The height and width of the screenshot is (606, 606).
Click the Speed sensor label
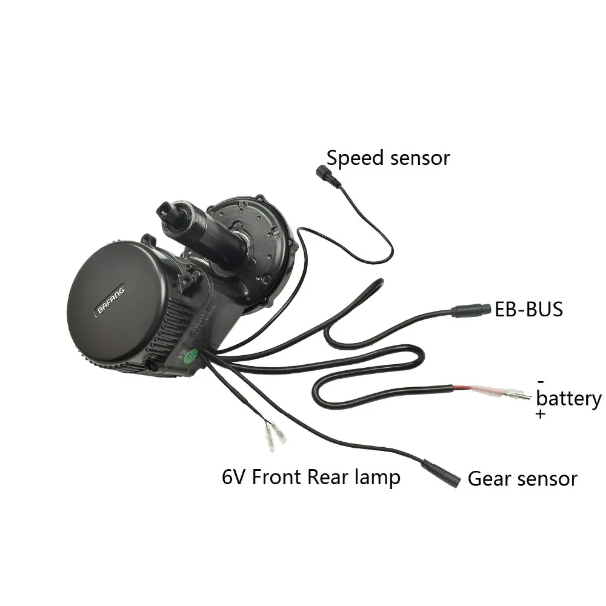click(388, 158)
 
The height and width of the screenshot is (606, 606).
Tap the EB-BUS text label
click(529, 309)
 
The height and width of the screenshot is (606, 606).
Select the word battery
click(569, 399)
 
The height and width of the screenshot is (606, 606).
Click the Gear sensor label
click(522, 479)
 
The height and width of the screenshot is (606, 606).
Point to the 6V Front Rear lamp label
click(311, 477)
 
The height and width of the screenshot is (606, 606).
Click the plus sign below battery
click(541, 415)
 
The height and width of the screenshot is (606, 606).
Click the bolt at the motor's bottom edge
click(152, 366)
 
